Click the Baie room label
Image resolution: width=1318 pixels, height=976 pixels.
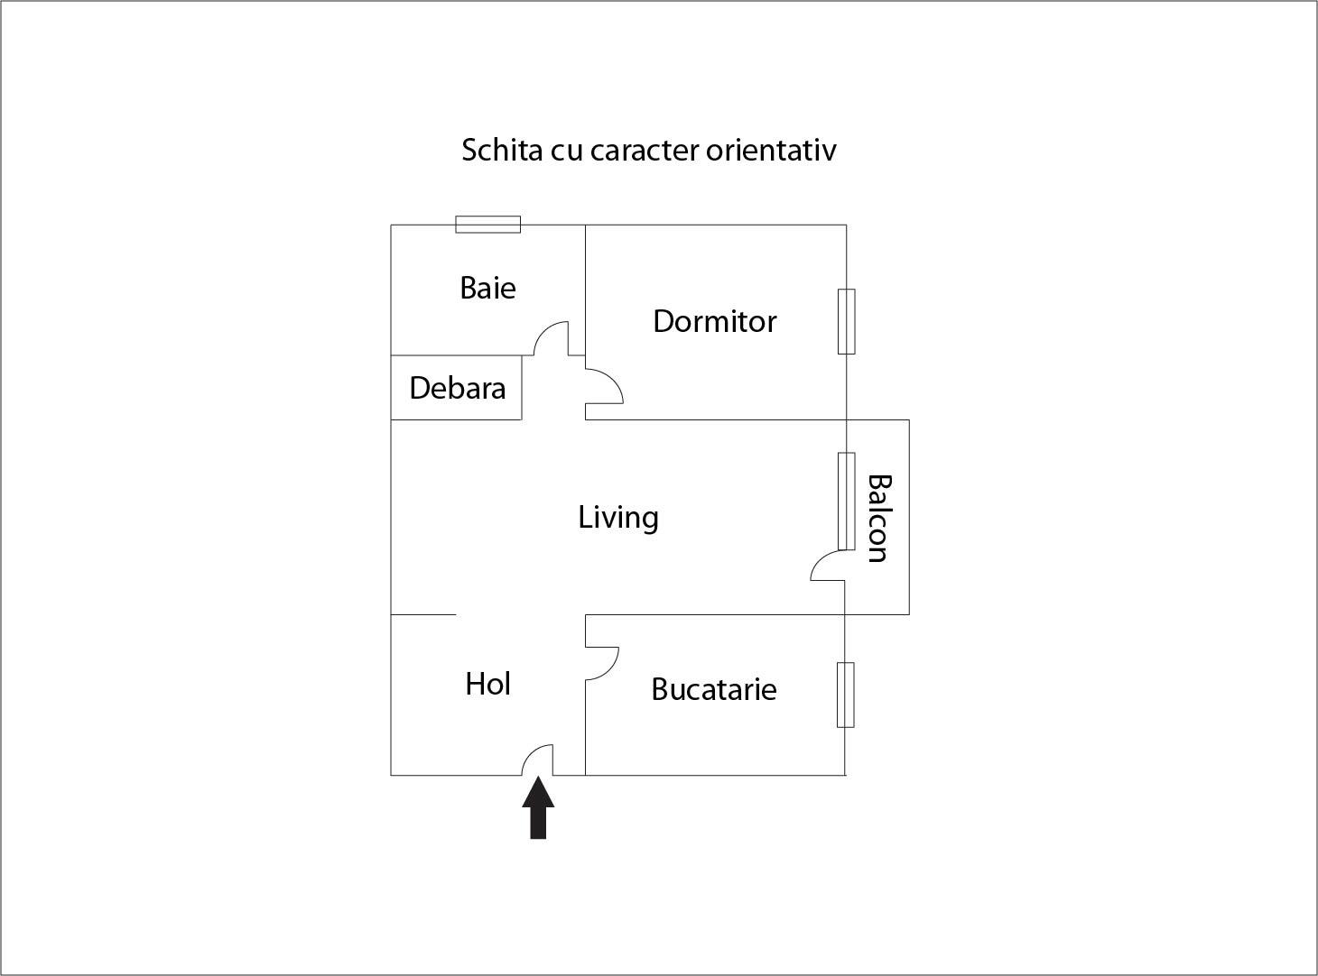pyautogui.click(x=487, y=289)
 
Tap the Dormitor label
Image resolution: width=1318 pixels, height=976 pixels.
pyautogui.click(x=714, y=322)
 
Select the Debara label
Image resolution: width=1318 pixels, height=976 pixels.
pyautogui.click(x=457, y=389)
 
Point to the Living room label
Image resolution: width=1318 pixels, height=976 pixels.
pyautogui.click(x=618, y=518)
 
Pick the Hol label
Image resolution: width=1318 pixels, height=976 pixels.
pyautogui.click(x=487, y=685)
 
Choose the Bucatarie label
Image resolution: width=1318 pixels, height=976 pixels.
pyautogui.click(x=713, y=690)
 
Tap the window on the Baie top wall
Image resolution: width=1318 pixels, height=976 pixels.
pyautogui.click(x=487, y=225)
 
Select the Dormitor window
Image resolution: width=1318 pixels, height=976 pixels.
pyautogui.click(x=846, y=321)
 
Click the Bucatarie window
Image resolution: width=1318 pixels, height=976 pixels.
pyautogui.click(x=845, y=695)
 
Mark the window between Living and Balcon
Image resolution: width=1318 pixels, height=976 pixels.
pyautogui.click(x=846, y=501)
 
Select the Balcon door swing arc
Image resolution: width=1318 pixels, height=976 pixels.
pyautogui.click(x=825, y=566)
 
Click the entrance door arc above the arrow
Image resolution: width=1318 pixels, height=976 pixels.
pyautogui.click(x=537, y=759)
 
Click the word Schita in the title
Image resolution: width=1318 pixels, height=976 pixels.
pyautogui.click(x=493, y=150)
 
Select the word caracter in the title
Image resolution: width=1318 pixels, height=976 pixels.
pyautogui.click(x=645, y=150)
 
